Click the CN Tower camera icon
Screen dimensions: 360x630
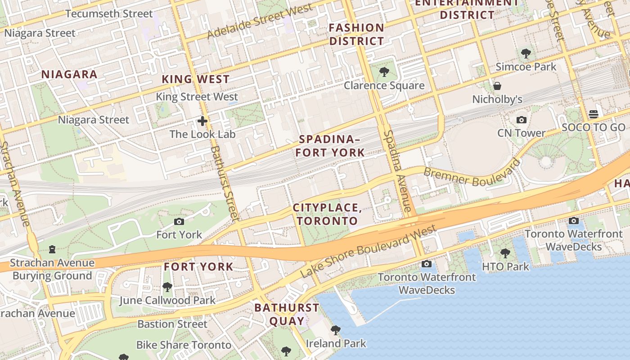pyautogui.click(x=522, y=120)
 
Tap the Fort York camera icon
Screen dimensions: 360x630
pyautogui.click(x=179, y=221)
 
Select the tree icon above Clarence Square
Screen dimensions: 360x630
pyautogui.click(x=384, y=72)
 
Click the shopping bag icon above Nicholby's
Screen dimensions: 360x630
pyautogui.click(x=497, y=85)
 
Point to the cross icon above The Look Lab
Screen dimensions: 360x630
pyautogui.click(x=202, y=121)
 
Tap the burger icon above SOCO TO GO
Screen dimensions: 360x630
pyautogui.click(x=594, y=114)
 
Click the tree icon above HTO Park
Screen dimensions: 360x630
pyautogui.click(x=505, y=253)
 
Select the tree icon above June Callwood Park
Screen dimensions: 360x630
pyautogui.click(x=167, y=287)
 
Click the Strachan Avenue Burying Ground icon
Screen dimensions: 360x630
pyautogui.click(x=52, y=249)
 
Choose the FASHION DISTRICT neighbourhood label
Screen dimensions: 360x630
pyautogui.click(x=356, y=35)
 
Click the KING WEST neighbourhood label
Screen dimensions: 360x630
pyautogui.click(x=196, y=80)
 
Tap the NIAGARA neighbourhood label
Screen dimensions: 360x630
pyautogui.click(x=69, y=75)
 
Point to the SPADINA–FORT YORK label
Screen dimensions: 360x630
pyautogui.click(x=330, y=146)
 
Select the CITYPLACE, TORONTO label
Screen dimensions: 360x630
pyautogui.click(x=327, y=215)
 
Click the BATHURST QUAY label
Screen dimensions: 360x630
pyautogui.click(x=287, y=315)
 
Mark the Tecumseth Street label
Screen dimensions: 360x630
pyautogui.click(x=106, y=13)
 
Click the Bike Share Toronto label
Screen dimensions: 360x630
pyautogui.click(x=184, y=345)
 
